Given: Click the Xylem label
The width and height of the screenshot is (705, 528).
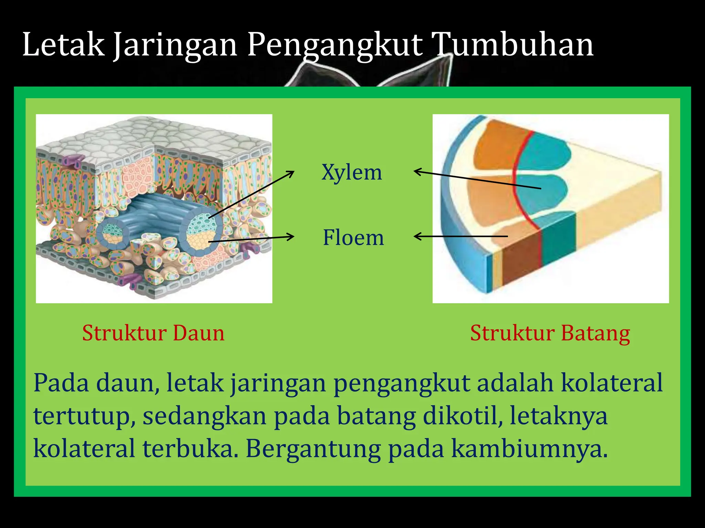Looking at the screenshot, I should click(352, 172).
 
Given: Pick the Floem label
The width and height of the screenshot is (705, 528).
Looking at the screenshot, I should click(353, 238).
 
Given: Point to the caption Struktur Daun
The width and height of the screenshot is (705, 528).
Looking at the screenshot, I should click(153, 333).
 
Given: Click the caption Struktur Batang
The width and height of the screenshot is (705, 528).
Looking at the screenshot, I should click(550, 333).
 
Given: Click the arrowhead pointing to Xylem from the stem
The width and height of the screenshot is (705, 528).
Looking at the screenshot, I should click(417, 171).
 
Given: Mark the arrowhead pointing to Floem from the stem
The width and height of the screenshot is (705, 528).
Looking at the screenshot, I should click(417, 236).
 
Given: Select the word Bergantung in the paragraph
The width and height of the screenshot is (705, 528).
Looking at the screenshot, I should click(313, 449).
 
